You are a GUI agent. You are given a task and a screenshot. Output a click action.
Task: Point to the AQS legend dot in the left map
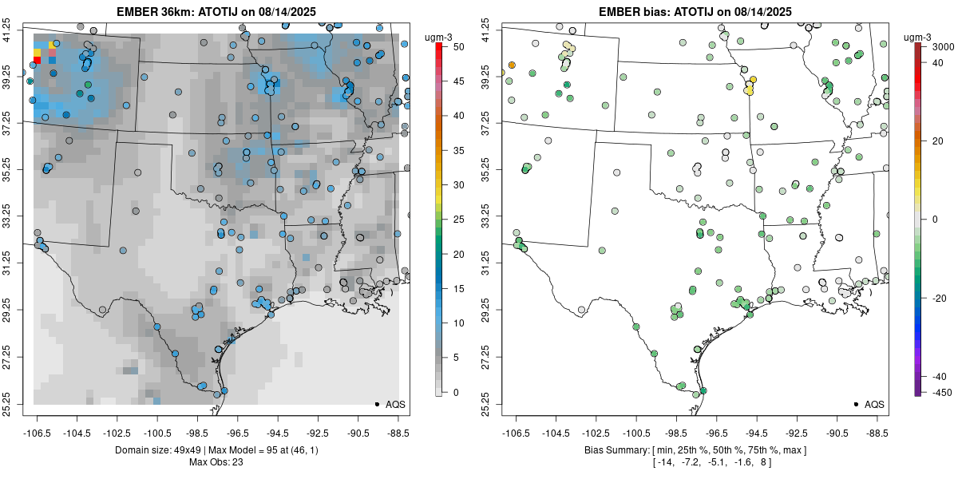coord(376,404)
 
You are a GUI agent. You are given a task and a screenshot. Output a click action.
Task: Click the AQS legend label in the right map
coord(874,404)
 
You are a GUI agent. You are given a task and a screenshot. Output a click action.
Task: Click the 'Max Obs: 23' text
coord(216,461)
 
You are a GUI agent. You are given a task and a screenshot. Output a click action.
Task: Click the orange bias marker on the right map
coord(512,65)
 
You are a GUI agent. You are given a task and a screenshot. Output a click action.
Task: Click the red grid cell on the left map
coord(38,60)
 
